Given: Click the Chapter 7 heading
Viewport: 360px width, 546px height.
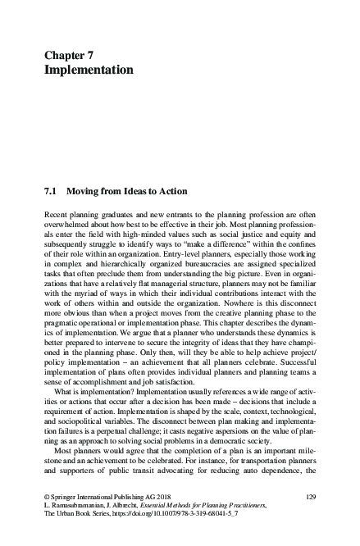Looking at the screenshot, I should [70, 54].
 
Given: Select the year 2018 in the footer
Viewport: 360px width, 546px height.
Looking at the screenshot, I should [163, 497].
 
